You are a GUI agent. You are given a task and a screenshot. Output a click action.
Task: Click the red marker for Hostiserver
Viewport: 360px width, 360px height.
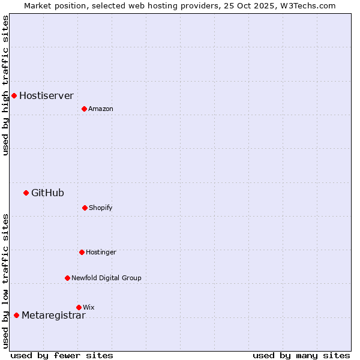click(x=14, y=95)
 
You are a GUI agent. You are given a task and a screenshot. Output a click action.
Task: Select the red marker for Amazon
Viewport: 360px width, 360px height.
click(x=84, y=109)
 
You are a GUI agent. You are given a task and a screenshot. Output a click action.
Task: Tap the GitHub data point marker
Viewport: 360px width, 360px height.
click(x=26, y=193)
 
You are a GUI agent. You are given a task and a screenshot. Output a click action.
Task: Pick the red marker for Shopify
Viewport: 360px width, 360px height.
click(x=85, y=208)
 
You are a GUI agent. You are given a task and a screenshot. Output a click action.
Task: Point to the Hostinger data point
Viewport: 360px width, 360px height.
click(x=82, y=252)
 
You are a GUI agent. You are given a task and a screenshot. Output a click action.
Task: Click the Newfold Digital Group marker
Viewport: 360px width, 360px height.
click(x=67, y=278)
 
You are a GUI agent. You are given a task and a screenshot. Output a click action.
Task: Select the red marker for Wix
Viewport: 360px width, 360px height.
click(x=79, y=307)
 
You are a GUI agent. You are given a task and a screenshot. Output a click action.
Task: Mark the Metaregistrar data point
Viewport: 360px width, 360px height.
click(x=16, y=315)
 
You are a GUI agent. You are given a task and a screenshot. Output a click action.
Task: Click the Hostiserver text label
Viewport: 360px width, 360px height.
click(x=46, y=95)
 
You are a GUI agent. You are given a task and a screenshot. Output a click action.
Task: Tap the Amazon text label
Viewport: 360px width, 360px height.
click(x=101, y=109)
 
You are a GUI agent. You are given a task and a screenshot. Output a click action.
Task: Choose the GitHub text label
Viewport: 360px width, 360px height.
click(x=47, y=193)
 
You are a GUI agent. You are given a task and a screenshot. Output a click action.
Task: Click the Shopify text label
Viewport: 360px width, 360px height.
click(x=101, y=208)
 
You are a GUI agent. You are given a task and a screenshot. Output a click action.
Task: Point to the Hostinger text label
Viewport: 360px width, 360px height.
click(x=101, y=252)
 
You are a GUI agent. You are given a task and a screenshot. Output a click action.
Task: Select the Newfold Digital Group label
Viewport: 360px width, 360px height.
click(x=106, y=278)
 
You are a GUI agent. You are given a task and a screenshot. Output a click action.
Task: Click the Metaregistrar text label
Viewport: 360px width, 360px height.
click(x=53, y=316)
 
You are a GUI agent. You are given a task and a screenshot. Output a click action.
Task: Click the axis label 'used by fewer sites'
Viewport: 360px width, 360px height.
click(x=62, y=355)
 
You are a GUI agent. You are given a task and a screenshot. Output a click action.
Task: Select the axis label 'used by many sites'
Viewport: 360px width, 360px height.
click(x=301, y=355)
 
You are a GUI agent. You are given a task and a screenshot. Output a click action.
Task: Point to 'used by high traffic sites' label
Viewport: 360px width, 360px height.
click(x=5, y=85)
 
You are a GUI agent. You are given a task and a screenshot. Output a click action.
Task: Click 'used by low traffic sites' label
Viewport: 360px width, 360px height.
click(x=5, y=280)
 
